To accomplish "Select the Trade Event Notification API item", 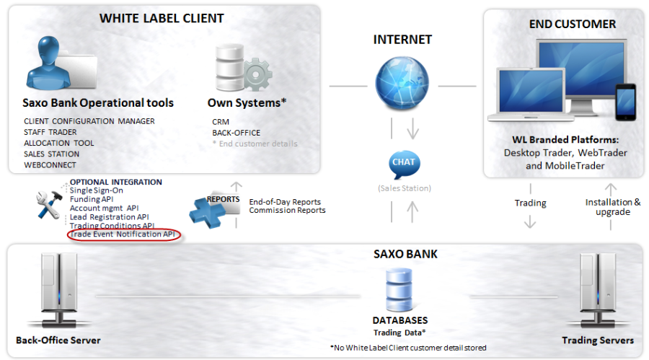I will tap(123, 234).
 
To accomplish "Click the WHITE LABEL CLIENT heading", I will tap(162, 18).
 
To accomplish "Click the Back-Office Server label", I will tap(58, 340).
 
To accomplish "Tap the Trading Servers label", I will tap(598, 340).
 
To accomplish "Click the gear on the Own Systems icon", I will tap(256, 75).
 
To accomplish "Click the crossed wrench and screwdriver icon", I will tap(49, 204).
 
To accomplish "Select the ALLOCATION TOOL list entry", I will tap(59, 143).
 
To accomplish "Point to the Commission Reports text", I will tap(287, 211).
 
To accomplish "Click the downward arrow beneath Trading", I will tap(530, 221).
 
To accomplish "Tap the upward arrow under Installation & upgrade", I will tap(612, 225).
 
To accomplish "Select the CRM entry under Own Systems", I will tap(220, 122).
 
